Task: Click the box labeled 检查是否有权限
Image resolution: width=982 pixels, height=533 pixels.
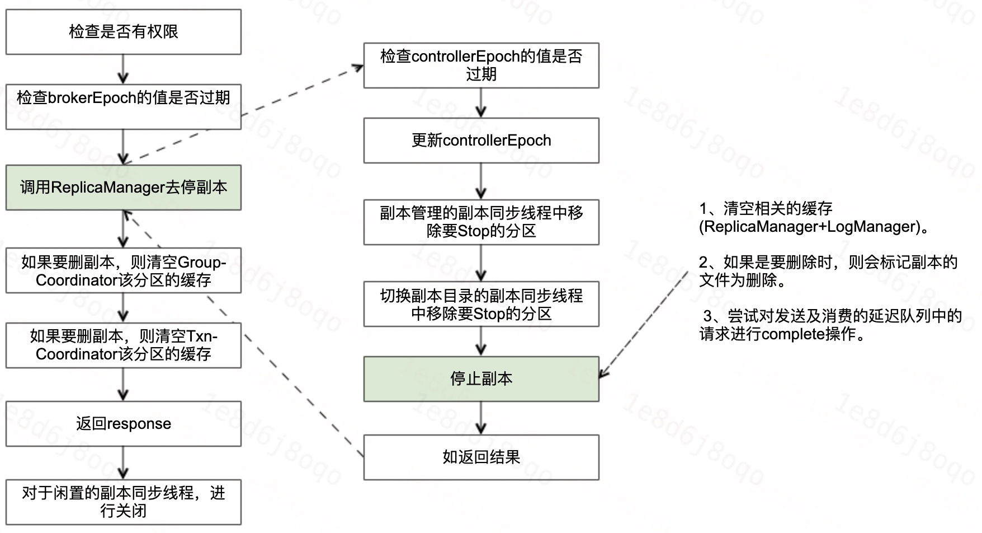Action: tap(124, 32)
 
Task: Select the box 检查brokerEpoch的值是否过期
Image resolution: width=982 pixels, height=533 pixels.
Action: tap(124, 106)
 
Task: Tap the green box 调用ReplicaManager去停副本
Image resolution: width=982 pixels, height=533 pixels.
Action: tap(124, 188)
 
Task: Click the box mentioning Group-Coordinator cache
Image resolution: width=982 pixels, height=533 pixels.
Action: tap(124, 270)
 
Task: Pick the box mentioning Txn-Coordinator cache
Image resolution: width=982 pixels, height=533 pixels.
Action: tap(124, 345)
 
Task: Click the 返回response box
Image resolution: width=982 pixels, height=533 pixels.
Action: tap(124, 423)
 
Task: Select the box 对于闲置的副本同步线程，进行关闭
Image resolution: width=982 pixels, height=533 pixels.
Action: tap(124, 502)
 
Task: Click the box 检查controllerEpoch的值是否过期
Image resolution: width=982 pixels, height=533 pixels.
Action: tap(481, 65)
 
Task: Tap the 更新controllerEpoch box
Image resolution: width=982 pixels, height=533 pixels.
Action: tap(481, 140)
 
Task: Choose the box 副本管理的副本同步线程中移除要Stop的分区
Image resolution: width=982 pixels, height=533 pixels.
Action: tap(481, 222)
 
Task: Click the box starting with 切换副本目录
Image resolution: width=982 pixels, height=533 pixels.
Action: tap(481, 304)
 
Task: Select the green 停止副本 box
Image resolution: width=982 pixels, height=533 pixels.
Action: tap(481, 379)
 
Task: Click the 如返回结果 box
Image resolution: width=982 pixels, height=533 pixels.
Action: tap(481, 457)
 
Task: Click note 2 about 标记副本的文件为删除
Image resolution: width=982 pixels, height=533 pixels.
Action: tap(828, 271)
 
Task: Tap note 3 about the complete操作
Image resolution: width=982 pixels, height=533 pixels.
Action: tap(830, 325)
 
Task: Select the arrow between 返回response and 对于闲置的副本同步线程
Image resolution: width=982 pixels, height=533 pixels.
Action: tap(124, 463)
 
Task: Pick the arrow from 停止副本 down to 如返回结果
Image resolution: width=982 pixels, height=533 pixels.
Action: tap(481, 418)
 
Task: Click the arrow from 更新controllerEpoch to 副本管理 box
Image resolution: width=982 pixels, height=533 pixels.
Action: tap(481, 181)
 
